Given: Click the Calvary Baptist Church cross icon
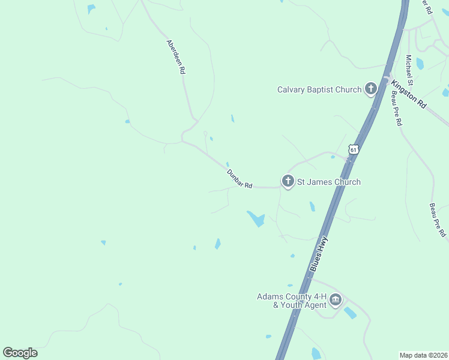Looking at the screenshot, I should (370, 89).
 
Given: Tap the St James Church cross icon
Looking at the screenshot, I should (288, 181).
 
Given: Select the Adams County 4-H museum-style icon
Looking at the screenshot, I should (336, 299).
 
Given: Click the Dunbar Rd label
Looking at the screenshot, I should (239, 179).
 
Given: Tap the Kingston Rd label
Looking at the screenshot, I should (409, 94).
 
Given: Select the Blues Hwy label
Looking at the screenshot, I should (319, 254).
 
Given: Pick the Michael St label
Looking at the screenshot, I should (409, 70).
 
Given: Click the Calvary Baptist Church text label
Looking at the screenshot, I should (319, 90).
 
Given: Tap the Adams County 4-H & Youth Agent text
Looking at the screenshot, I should (292, 301).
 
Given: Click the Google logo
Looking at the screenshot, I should (20, 353).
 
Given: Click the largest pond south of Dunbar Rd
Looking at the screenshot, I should (256, 219).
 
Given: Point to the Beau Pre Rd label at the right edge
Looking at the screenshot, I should (438, 220).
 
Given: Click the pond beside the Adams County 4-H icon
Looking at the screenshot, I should (349, 313).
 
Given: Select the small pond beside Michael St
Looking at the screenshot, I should (420, 64).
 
